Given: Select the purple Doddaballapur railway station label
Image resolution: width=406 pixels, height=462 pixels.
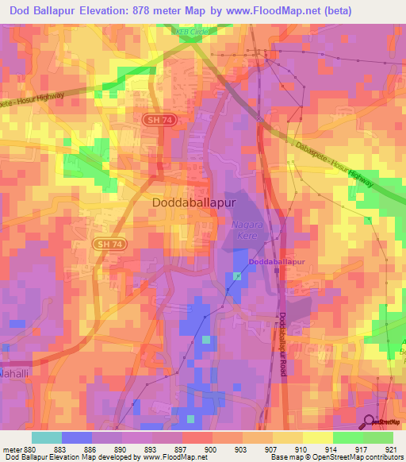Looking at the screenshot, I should (x=277, y=261).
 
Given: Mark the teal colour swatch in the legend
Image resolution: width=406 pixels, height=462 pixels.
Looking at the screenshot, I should (x=47, y=437).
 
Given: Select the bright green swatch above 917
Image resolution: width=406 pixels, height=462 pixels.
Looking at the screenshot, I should (x=347, y=437).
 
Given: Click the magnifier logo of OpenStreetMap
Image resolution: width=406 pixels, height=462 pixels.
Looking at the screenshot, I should (x=369, y=422).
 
